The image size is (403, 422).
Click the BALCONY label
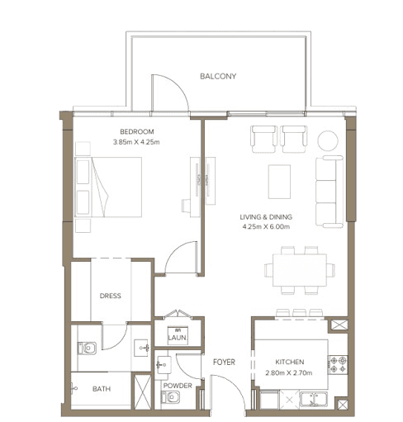[218, 76]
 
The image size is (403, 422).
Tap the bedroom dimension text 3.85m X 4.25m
[136, 142]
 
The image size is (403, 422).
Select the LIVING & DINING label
[266, 217]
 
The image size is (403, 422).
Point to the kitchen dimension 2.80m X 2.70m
[289, 373]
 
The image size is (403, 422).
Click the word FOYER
[224, 362]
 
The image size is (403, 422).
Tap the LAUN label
[177, 338]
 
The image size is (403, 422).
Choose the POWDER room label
[178, 386]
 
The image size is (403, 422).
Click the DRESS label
[110, 296]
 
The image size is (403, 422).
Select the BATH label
[102, 389]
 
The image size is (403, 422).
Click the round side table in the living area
[328, 140]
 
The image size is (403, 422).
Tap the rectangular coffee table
[279, 182]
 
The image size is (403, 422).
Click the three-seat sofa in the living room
[330, 192]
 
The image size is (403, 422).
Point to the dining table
[300, 270]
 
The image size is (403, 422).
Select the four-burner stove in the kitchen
[338, 364]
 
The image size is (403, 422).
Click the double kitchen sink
[314, 399]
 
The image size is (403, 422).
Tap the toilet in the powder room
[170, 397]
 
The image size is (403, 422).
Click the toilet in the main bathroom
[87, 349]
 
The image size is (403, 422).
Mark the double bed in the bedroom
[108, 187]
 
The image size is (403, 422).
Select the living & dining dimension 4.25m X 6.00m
[266, 227]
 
